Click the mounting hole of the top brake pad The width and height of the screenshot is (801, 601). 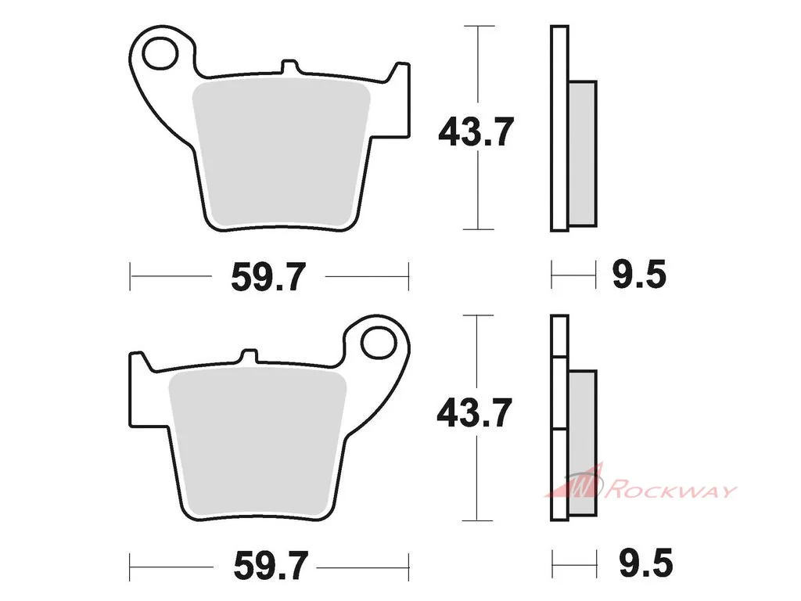point(160,53)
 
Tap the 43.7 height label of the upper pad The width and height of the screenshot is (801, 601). point(476,132)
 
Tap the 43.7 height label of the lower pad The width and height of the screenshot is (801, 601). point(475,413)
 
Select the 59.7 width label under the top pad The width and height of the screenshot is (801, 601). point(268,277)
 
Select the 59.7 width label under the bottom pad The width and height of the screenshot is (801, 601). point(271,566)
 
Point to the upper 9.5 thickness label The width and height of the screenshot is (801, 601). point(639,275)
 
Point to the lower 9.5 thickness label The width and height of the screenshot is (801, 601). point(645,563)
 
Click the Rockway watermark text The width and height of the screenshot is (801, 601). point(670,491)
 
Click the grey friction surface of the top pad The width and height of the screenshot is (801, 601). point(282,153)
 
